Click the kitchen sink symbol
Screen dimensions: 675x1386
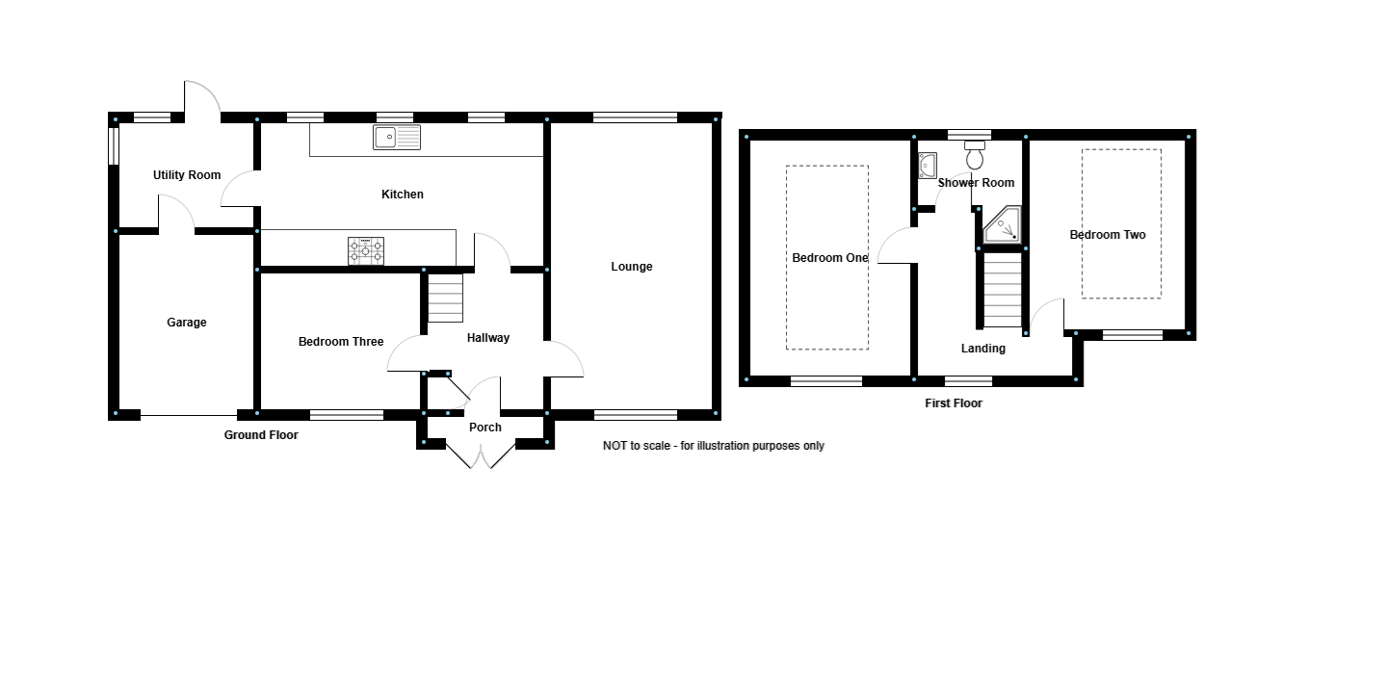397,138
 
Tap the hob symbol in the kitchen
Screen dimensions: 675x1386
366,251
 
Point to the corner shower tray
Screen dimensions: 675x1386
1003,225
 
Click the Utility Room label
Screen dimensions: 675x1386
187,175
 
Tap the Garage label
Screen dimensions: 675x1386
187,323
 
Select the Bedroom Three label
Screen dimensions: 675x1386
341,342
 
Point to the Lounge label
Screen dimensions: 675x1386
632,267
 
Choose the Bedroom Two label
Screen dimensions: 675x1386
1108,235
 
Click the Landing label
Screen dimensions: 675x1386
983,349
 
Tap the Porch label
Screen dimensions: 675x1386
485,428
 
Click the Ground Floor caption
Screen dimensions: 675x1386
261,435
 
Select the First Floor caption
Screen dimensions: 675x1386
954,403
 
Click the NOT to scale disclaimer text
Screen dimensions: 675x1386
713,446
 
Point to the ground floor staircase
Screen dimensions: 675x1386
445,299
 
